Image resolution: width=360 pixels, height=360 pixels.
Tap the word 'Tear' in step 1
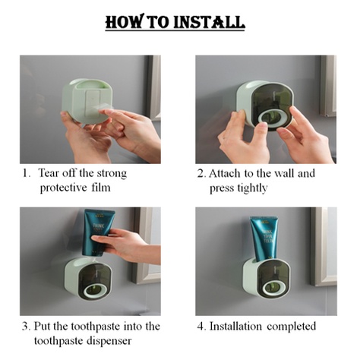tap(49, 173)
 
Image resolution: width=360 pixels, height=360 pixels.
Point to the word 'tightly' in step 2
tap(252, 188)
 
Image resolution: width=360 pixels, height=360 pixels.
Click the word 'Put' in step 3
tap(43, 326)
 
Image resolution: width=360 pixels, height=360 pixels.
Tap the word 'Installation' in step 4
tap(235, 326)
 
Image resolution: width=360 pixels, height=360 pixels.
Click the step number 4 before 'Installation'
tap(201, 327)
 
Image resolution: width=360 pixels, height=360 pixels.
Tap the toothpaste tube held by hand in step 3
tap(98, 232)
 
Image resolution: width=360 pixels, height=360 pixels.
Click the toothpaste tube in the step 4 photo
tap(264, 238)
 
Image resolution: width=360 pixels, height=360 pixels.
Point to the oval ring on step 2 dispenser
tap(270, 118)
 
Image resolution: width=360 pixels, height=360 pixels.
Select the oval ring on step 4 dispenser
tap(274, 288)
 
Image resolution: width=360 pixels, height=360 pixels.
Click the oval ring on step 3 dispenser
tap(96, 290)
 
